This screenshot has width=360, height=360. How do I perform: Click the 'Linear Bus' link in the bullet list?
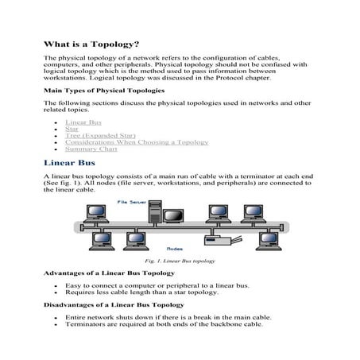pos(83,123)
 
